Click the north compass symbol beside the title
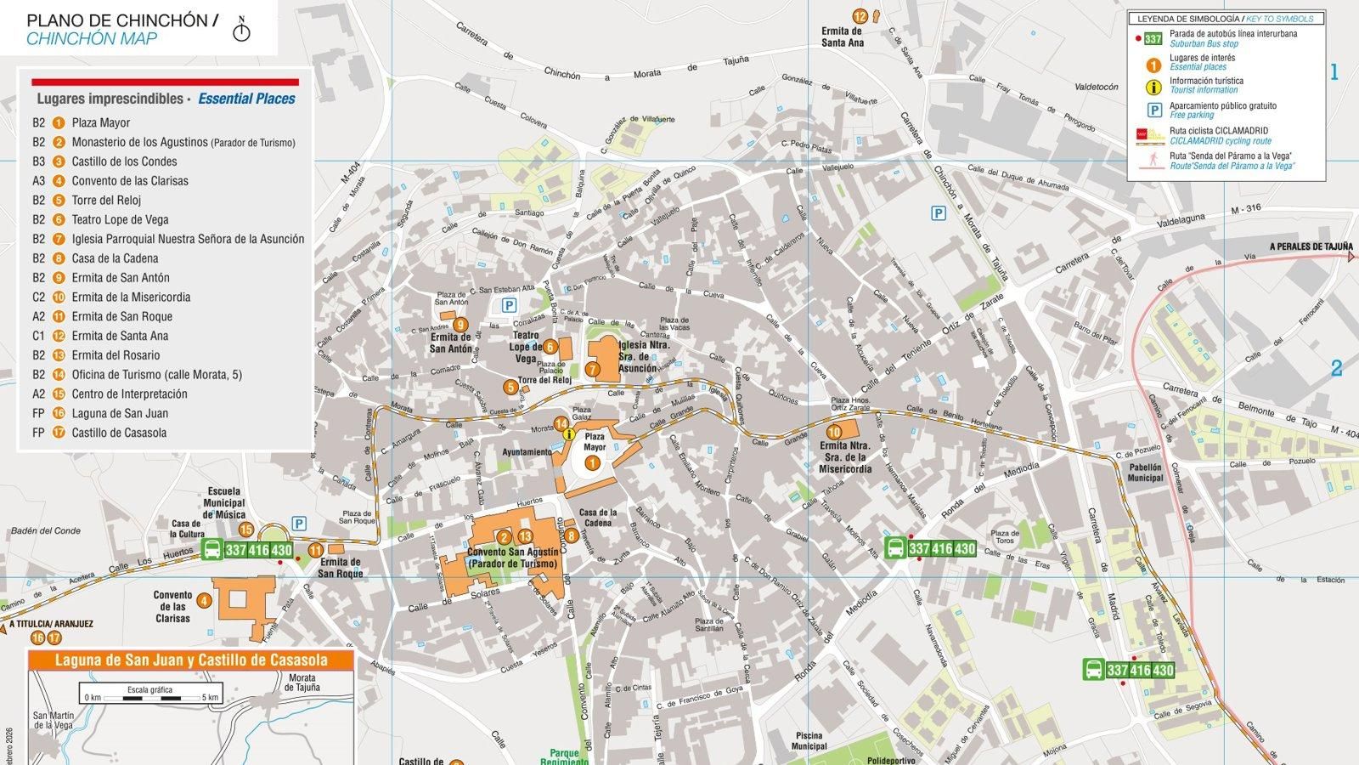(243, 31)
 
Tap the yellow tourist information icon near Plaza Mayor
(569, 433)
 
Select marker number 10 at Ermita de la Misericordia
(834, 433)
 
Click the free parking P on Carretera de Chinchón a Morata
(939, 213)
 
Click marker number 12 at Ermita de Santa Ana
(860, 16)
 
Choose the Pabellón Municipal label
(1145, 473)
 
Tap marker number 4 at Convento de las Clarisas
(203, 601)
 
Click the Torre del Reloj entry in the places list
(106, 201)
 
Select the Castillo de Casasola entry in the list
(119, 433)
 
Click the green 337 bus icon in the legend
(1153, 39)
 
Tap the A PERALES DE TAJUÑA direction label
(1310, 247)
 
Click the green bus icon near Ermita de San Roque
(212, 550)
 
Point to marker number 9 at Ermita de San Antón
(460, 325)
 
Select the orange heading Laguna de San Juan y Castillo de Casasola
(191, 660)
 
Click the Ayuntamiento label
(527, 452)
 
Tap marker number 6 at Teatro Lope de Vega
(550, 346)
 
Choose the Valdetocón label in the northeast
(1097, 87)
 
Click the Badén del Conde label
(46, 531)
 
